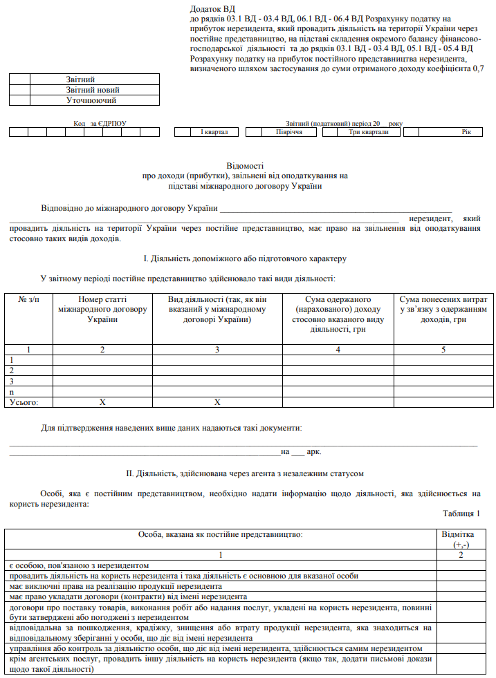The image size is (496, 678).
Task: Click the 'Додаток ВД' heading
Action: tap(211, 9)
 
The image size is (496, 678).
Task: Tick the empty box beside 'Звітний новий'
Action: tap(20, 90)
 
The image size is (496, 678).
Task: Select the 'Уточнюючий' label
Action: tap(92, 100)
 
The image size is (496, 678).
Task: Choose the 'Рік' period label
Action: tap(466, 132)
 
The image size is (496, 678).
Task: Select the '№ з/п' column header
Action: tap(28, 299)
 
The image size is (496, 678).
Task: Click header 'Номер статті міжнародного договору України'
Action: tap(102, 310)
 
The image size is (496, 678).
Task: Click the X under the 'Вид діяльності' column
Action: tap(217, 402)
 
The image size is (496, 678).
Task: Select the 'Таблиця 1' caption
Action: tap(461, 513)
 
